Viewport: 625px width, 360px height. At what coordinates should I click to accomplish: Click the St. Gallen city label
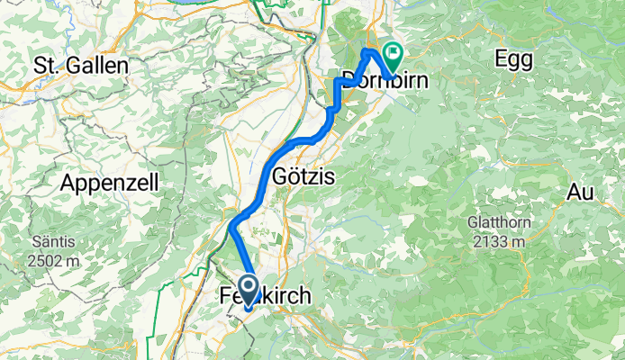(81, 66)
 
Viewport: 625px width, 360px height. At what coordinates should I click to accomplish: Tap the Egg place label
(513, 59)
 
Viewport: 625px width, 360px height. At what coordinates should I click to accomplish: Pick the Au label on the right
(582, 191)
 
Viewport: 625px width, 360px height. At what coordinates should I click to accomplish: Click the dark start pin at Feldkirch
(248, 291)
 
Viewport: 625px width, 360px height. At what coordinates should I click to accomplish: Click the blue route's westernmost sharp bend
(231, 225)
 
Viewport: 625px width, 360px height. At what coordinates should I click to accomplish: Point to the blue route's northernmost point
(367, 51)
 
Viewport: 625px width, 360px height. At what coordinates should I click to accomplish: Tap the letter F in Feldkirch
(226, 295)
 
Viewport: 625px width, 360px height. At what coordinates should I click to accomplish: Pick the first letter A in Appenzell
(67, 183)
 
